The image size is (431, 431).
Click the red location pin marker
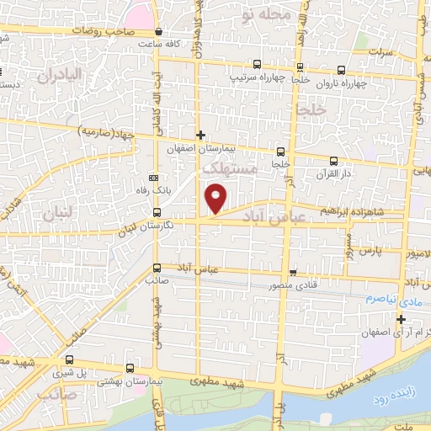[216, 199]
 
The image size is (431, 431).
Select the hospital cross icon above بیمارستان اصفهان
[200, 135]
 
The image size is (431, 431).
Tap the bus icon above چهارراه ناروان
[342, 71]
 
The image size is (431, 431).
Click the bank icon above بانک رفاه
[152, 178]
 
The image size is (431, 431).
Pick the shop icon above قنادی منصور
[292, 272]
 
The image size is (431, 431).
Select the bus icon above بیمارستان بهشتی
[129, 368]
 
